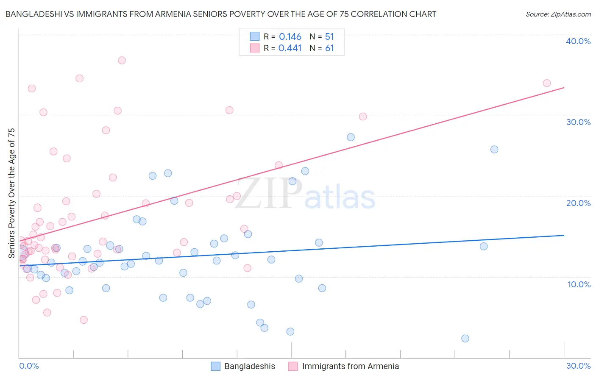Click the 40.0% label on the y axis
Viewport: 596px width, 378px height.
click(x=578, y=41)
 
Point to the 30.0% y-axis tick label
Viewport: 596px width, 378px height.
click(x=578, y=122)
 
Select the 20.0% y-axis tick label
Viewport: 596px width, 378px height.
click(x=578, y=203)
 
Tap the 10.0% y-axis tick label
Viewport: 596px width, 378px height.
click(x=579, y=284)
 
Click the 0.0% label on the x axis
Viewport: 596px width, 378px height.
click(x=29, y=366)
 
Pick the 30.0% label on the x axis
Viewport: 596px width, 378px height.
click(x=578, y=366)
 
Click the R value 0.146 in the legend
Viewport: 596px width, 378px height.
click(x=290, y=37)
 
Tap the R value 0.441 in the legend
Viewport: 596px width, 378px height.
click(x=290, y=48)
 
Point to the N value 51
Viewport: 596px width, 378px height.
click(x=329, y=37)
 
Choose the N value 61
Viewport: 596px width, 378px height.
click(x=329, y=48)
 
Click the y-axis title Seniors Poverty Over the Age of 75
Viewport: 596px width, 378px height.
click(x=12, y=193)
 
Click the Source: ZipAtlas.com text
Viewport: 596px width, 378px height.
click(x=558, y=14)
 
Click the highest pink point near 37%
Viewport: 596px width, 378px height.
click(x=122, y=60)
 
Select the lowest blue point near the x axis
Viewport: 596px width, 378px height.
click(x=465, y=338)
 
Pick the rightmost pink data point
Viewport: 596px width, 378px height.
click(x=547, y=83)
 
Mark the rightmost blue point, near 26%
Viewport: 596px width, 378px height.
click(x=494, y=149)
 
